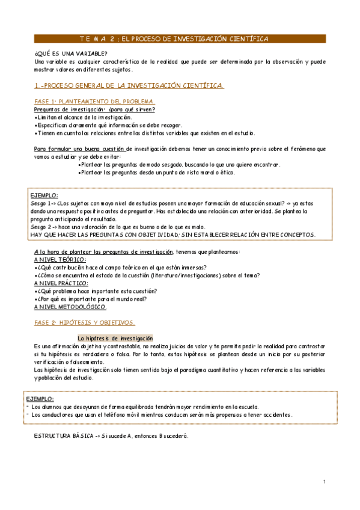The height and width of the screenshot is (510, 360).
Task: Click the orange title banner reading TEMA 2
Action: [174, 38]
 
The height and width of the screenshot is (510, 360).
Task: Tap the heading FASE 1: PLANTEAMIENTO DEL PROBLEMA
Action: [94, 101]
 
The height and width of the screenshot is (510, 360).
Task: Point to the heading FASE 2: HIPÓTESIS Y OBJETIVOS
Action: [85, 322]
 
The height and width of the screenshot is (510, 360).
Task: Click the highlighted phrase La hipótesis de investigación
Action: [115, 338]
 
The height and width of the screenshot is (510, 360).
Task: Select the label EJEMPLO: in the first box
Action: [44, 196]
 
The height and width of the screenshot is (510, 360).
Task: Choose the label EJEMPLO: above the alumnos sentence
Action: [40, 399]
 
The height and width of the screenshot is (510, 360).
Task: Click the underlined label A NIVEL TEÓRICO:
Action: [60, 259]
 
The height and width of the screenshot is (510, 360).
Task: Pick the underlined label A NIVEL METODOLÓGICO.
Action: [70, 306]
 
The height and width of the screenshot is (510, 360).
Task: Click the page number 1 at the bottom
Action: [323, 482]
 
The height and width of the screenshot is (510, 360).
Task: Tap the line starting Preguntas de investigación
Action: [94, 109]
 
